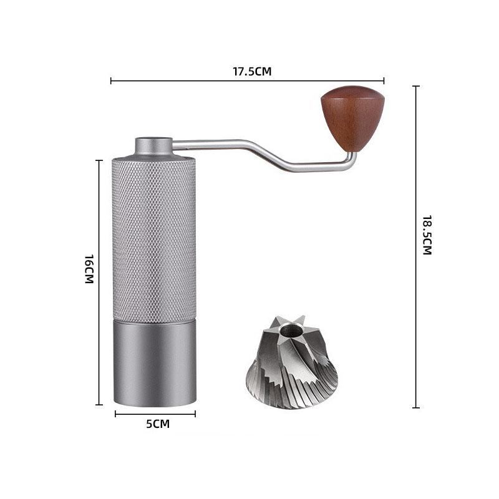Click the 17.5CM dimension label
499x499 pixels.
[x=252, y=71]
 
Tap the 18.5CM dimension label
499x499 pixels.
[x=427, y=235]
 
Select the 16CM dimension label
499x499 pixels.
[x=89, y=269]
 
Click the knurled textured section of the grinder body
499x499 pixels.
[x=154, y=240]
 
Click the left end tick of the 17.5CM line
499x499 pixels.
[x=111, y=80]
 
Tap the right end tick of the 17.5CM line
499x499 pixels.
[x=384, y=80]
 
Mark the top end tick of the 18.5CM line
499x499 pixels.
[x=415, y=86]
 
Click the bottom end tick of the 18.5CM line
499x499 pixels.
[x=415, y=407]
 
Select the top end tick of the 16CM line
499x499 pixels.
[x=99, y=160]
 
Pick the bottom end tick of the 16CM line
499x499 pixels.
[x=99, y=404]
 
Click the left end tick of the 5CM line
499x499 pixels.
[x=115, y=413]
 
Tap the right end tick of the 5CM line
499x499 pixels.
[x=195, y=413]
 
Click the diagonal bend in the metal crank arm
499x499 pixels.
[x=266, y=154]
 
